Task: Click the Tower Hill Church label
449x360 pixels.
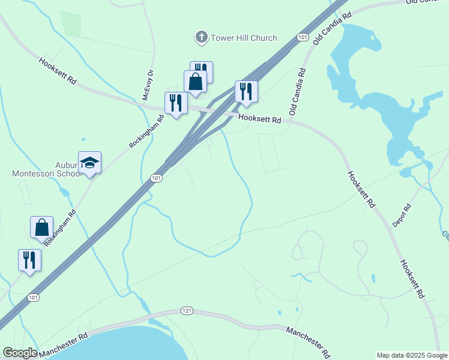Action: (x=244, y=38)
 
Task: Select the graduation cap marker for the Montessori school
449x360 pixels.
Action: (x=89, y=163)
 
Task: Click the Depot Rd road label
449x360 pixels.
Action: (x=401, y=215)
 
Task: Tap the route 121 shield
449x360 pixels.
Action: (x=187, y=311)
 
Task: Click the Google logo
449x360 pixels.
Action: (x=20, y=353)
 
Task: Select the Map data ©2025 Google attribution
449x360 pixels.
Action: (x=412, y=355)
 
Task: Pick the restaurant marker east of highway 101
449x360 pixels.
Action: (x=246, y=92)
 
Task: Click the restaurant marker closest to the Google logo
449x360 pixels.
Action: (x=29, y=260)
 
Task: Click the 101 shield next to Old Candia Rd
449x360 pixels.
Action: (x=302, y=38)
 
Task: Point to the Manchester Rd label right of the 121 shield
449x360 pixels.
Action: (x=308, y=340)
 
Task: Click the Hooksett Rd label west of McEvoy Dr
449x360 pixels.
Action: (x=58, y=71)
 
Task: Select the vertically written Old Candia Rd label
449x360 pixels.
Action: (x=297, y=92)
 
